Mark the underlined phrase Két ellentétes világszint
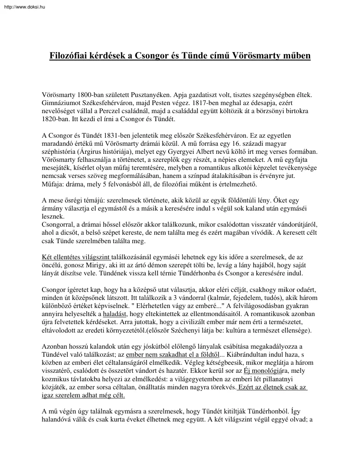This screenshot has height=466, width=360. tap(76, 257)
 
